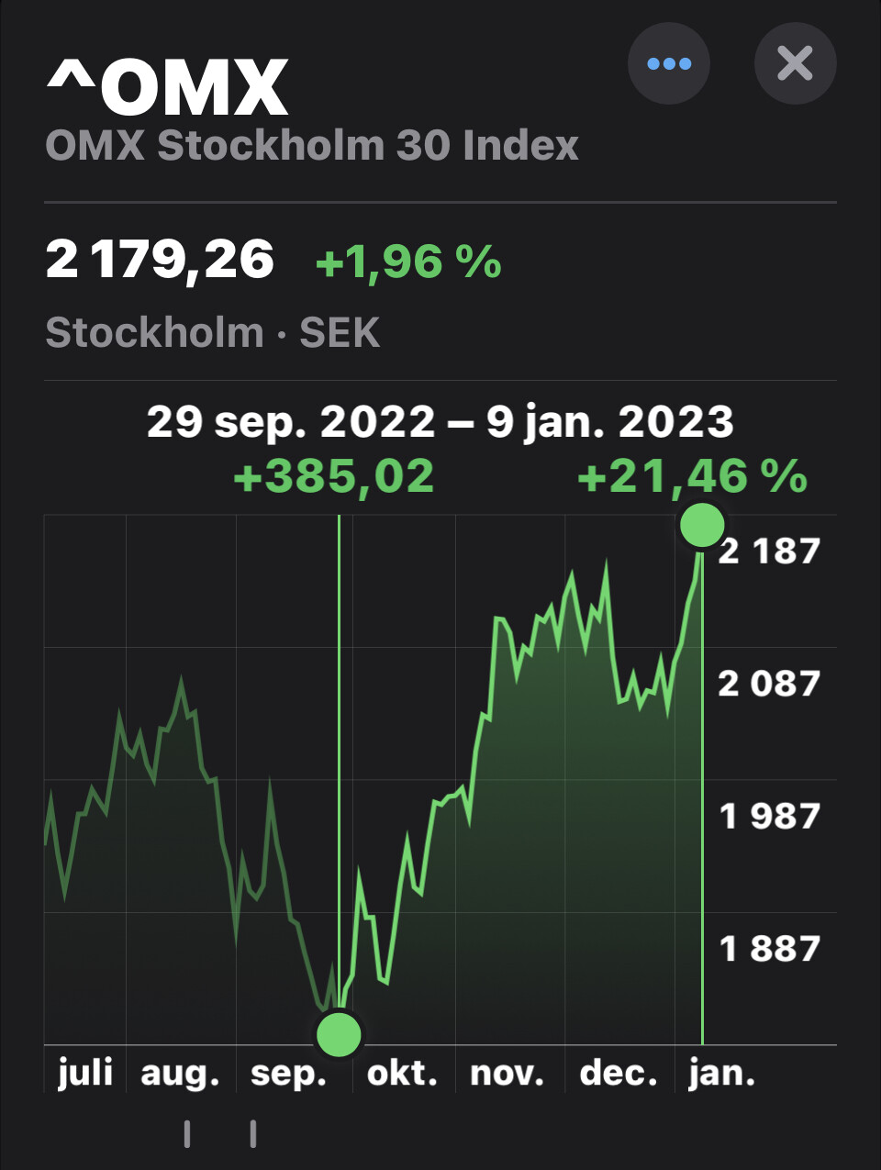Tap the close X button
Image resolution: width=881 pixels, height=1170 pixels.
click(x=795, y=63)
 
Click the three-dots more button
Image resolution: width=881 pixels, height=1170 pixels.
click(x=669, y=63)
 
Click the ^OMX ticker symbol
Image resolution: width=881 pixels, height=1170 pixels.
click(x=167, y=87)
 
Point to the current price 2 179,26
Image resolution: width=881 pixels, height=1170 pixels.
click(x=160, y=260)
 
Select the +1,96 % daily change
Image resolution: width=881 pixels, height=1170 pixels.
click(x=408, y=262)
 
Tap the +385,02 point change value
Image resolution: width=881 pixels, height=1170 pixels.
click(x=333, y=476)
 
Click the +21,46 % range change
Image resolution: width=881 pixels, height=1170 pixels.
click(x=692, y=476)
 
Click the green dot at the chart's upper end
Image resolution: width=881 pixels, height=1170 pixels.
click(x=702, y=525)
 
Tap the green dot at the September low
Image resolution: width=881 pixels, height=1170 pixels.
click(x=339, y=1034)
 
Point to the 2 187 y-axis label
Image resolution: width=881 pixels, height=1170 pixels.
click(x=768, y=551)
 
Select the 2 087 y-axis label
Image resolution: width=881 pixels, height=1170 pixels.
click(x=768, y=684)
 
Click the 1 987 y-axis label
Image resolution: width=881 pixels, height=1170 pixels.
click(x=768, y=816)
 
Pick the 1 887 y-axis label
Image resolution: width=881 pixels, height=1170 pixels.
click(x=768, y=949)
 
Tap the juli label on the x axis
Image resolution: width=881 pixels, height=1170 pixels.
click(x=84, y=1073)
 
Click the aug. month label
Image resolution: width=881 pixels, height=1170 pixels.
click(x=180, y=1073)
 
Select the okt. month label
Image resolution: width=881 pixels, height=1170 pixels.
click(x=402, y=1073)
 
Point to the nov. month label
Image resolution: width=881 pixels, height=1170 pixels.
click(x=507, y=1073)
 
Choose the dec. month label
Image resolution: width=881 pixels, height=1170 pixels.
click(x=619, y=1073)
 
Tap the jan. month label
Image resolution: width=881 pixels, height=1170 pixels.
click(x=721, y=1073)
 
